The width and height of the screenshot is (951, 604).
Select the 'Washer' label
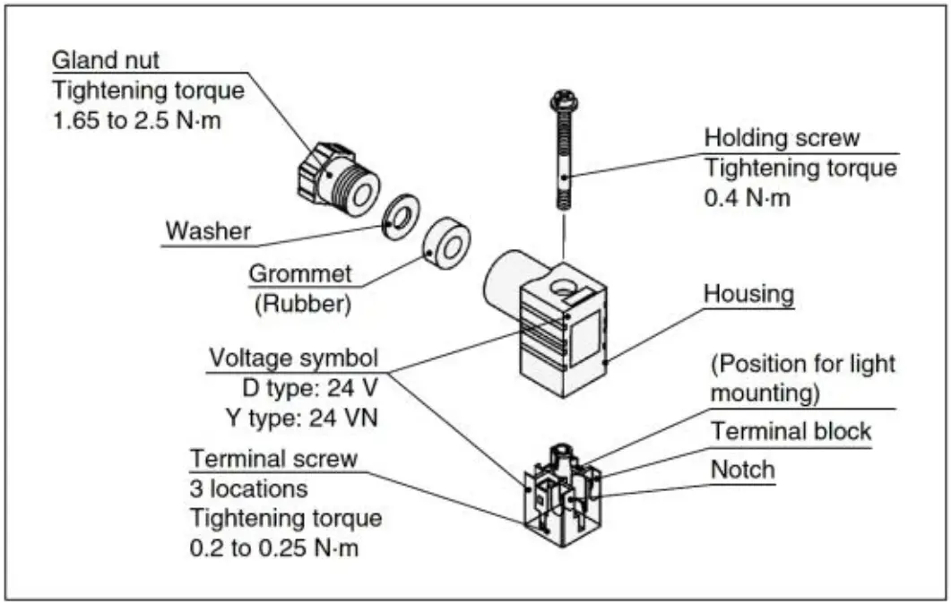pos(208,230)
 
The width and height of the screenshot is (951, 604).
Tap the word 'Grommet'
pos(302,273)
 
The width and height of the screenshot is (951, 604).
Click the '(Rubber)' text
pos(302,303)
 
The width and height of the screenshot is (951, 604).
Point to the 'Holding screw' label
pos(781,138)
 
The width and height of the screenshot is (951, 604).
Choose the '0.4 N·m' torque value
pos(748,197)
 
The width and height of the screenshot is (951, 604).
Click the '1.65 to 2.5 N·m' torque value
pos(137,119)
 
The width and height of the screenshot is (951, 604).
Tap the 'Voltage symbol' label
pos(292,358)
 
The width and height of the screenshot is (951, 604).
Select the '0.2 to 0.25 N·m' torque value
pos(273,548)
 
